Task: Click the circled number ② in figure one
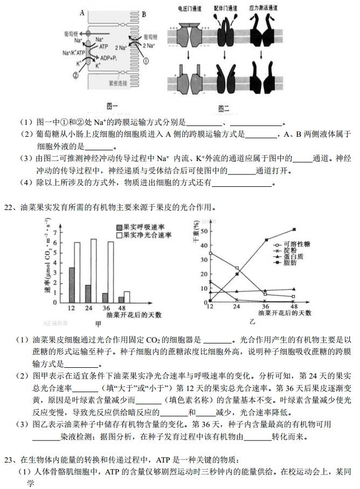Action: (x=75, y=76)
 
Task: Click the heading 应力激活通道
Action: (x=264, y=9)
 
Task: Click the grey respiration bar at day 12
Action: (x=71, y=285)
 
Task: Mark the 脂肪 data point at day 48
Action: (x=294, y=229)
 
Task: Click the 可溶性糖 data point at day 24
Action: (x=237, y=268)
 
